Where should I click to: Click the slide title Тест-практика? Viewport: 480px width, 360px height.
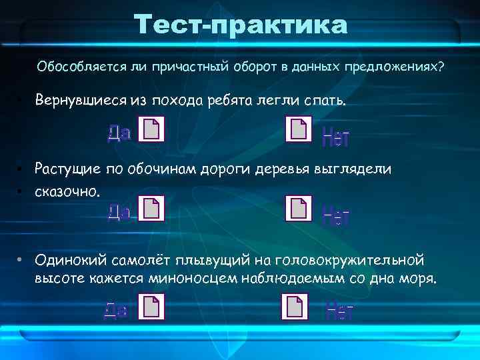pos(241,25)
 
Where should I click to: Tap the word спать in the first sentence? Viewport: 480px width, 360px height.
pos(325,101)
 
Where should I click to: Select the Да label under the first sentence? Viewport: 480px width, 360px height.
pos(118,134)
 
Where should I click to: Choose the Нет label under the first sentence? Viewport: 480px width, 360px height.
pos(335,138)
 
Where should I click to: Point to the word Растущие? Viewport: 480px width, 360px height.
pos(69,169)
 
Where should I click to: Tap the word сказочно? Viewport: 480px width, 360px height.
pos(68,191)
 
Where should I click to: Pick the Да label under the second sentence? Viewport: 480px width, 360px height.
pos(118,213)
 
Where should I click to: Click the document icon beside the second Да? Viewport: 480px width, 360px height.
pos(152,209)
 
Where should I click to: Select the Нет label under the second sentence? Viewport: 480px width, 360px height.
pos(335,215)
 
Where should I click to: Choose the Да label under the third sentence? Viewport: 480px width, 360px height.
pos(116,310)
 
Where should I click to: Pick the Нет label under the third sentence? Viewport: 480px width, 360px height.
pos(339,311)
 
